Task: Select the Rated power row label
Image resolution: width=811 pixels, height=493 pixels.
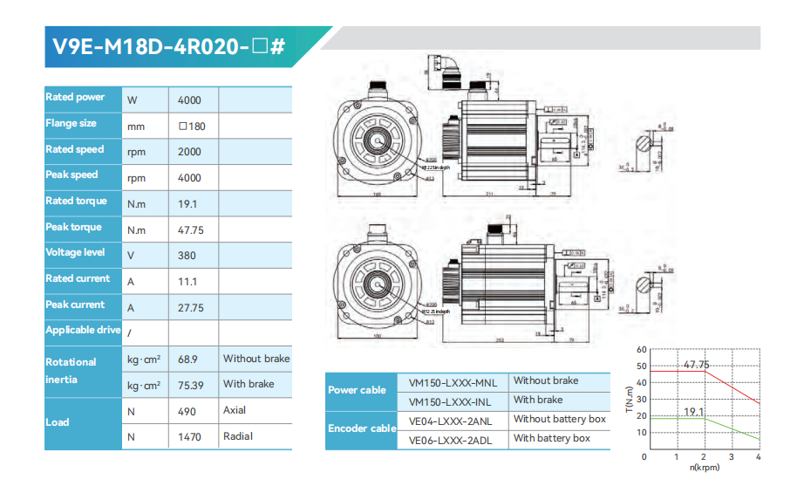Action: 75,98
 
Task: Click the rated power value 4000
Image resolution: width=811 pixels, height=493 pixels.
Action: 189,100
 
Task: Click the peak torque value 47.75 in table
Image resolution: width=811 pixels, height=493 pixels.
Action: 190,230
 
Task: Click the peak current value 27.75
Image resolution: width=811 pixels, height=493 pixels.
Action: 190,308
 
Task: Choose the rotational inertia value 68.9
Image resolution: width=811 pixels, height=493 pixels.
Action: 187,359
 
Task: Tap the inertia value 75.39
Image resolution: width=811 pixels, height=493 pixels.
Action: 190,385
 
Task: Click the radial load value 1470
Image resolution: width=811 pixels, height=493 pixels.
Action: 189,436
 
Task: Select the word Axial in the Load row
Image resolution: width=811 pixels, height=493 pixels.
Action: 235,410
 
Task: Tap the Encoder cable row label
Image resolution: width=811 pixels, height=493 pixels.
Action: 361,428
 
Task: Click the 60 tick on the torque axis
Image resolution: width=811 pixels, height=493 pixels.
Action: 642,350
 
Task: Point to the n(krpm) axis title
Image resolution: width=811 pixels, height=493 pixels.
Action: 705,468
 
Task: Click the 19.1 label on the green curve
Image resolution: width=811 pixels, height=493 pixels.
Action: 694,412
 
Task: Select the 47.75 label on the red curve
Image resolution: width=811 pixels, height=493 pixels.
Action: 696,365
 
